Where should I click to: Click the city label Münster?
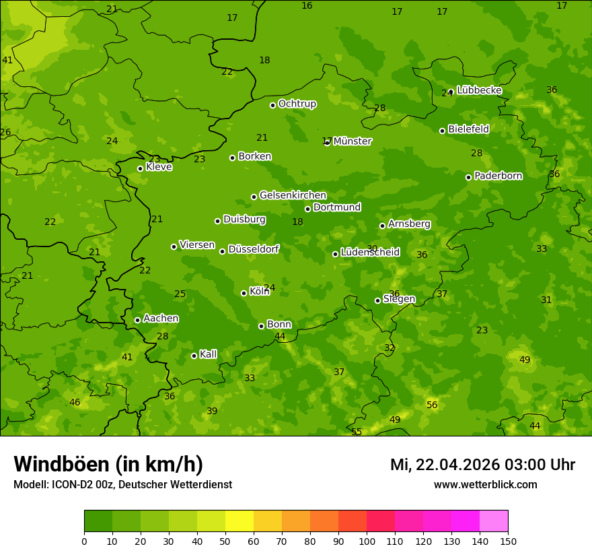pos(352,141)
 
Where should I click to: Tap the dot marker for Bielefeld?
pos(442,131)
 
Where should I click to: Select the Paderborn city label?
pos(498,176)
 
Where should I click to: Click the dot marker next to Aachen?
pos(137,320)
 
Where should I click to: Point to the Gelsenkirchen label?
pos(293,195)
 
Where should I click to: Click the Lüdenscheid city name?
pos(370,253)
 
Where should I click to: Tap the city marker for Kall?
pos(194,356)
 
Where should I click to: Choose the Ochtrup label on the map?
pos(297,104)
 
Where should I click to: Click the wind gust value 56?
pos(432,405)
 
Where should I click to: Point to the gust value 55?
pos(357,432)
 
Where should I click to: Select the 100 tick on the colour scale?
pos(367,541)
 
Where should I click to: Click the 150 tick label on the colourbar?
pos(508,541)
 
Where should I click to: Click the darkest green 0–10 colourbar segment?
pos(98,521)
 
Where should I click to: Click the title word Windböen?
pos(61,464)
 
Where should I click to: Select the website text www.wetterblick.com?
pos(485,484)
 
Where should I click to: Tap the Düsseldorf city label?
pos(254,249)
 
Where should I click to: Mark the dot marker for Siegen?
pos(377,300)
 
